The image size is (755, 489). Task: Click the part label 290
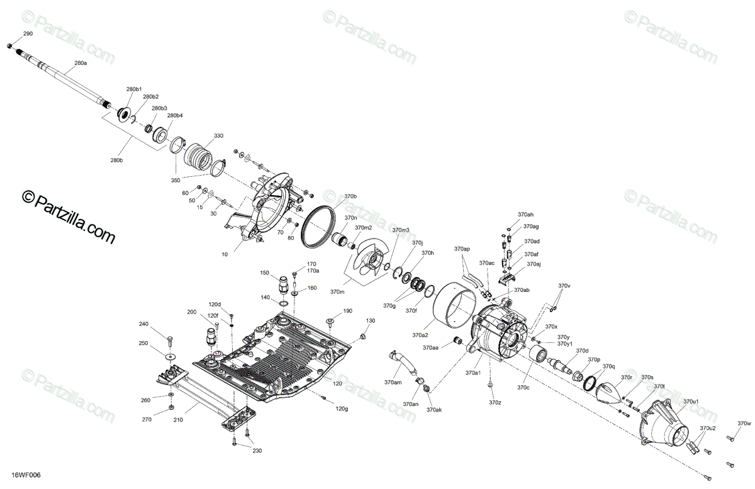tap(28, 33)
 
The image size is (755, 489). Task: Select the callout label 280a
tap(81, 64)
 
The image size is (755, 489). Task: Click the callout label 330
tap(218, 136)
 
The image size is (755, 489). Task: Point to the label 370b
tap(350, 197)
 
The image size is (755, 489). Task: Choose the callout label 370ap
tap(462, 249)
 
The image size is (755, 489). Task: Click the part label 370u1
tap(691, 401)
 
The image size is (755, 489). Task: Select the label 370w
tap(745, 423)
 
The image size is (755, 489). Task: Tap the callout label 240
tap(143, 324)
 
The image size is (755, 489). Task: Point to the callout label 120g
tap(342, 409)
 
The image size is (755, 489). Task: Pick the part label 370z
tap(495, 402)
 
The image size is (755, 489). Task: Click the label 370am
tap(393, 382)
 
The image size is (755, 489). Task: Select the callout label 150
tap(265, 273)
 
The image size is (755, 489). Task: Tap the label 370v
tap(564, 286)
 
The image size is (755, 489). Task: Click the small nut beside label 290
tap(9, 47)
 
